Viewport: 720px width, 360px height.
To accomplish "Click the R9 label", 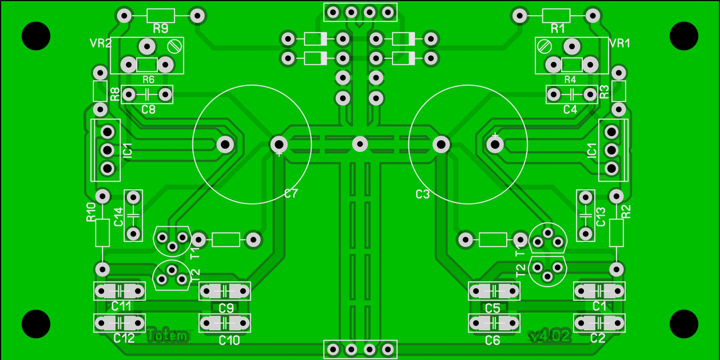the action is click(160, 29).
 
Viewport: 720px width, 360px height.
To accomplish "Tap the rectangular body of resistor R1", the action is click(556, 16).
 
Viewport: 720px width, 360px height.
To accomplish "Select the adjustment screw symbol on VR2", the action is click(174, 47).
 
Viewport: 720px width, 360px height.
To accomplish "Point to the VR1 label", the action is click(619, 43).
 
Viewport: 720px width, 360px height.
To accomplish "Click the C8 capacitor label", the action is click(148, 110).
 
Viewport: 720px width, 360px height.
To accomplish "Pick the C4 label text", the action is click(570, 110).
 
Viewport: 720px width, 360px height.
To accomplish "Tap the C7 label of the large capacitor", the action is click(291, 193).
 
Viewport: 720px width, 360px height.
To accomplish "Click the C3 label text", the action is click(422, 194).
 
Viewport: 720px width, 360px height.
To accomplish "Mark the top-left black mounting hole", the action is click(36, 36).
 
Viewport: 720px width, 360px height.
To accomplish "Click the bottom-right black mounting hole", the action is click(684, 324).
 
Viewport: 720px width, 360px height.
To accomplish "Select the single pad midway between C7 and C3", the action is click(360, 144).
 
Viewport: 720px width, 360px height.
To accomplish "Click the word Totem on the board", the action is click(167, 336).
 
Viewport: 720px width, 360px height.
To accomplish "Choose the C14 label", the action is click(119, 217).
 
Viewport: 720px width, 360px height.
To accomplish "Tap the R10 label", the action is click(91, 212).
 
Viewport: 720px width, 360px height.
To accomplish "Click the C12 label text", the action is click(124, 338).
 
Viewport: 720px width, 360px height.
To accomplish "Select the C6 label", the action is click(492, 340).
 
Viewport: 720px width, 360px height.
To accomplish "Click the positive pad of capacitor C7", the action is click(279, 144).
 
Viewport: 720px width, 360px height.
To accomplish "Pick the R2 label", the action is click(626, 211).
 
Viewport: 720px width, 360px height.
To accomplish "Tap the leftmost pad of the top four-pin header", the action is click(333, 12).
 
